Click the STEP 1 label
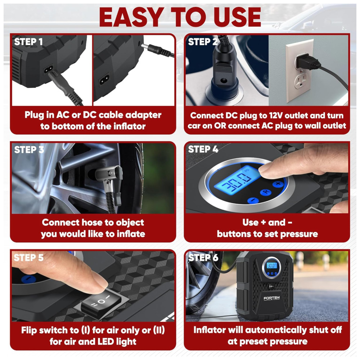point(28,42)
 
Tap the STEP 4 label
point(203,149)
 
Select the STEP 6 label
point(203,257)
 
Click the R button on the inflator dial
point(266,192)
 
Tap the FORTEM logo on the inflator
point(271,298)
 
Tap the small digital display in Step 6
point(271,266)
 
